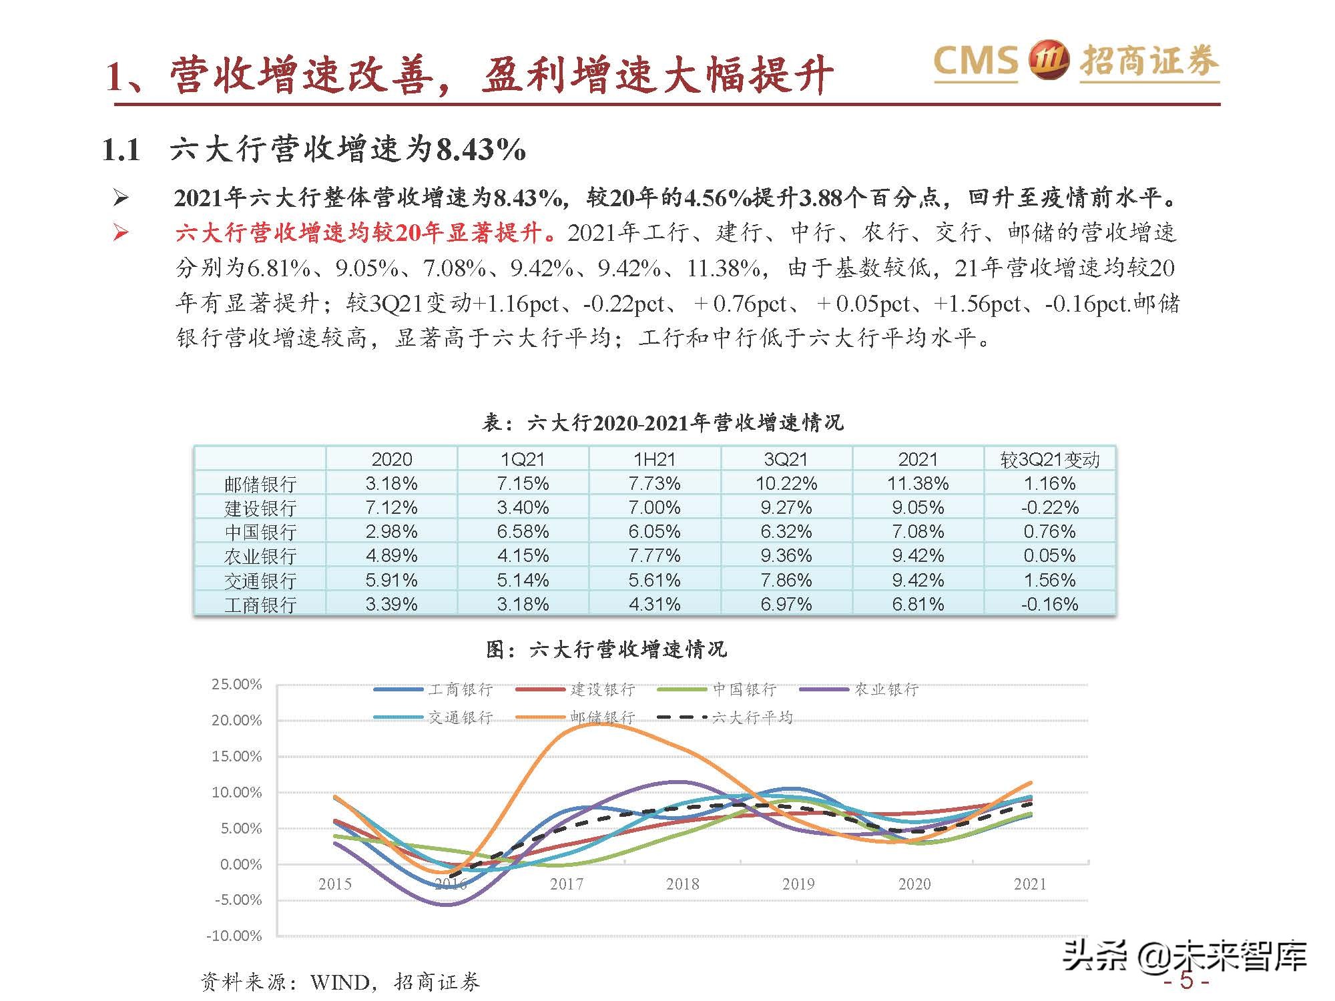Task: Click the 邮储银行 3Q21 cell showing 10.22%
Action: click(x=786, y=483)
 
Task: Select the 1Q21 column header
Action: click(x=523, y=459)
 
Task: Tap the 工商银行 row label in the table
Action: click(x=260, y=605)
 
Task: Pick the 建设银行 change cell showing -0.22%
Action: click(x=1049, y=507)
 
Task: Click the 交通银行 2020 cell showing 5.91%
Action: click(x=391, y=580)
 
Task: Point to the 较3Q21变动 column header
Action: click(x=1049, y=459)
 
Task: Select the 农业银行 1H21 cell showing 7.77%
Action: click(x=654, y=555)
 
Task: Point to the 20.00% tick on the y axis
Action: click(x=237, y=720)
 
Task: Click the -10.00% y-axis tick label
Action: click(x=237, y=936)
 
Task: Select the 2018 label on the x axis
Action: click(x=682, y=884)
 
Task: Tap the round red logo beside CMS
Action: click(x=1049, y=61)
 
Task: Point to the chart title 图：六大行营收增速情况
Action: click(x=606, y=649)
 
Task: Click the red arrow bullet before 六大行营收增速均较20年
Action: click(x=121, y=232)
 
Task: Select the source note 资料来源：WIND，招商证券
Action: click(x=340, y=982)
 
